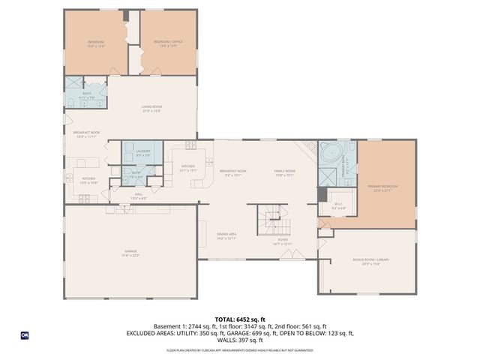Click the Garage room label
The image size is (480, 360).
[130, 253]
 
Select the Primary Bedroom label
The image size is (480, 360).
[382, 187]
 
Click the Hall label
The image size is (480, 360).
[139, 196]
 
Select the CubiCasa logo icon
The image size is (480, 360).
[24, 334]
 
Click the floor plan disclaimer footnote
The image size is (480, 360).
[240, 350]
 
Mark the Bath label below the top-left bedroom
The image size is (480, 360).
[87, 95]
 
